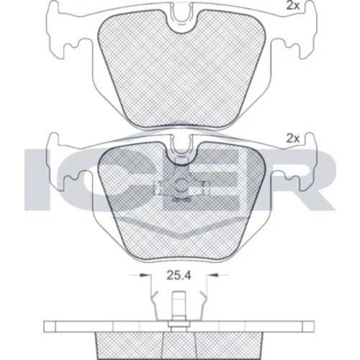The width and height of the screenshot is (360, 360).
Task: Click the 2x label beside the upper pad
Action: pos(293,6)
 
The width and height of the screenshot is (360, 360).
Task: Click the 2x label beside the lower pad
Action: pos(293,138)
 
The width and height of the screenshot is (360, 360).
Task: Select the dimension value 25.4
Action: pos(179,276)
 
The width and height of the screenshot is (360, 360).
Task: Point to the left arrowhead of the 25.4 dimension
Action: pos(144,274)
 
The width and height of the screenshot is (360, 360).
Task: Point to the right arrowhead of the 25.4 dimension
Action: pos(215,274)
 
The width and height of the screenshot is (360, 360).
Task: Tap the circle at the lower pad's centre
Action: pos(181,186)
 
